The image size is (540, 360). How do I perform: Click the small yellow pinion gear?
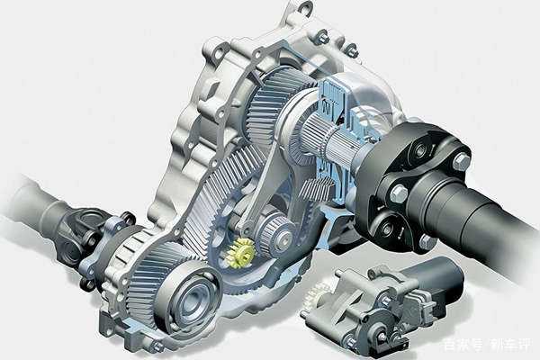[x=240, y=254]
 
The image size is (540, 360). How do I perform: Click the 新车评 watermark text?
[x=510, y=345]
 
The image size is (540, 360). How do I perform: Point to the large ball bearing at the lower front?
[x=188, y=298]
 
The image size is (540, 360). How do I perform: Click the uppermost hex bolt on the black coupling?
[x=461, y=161]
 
